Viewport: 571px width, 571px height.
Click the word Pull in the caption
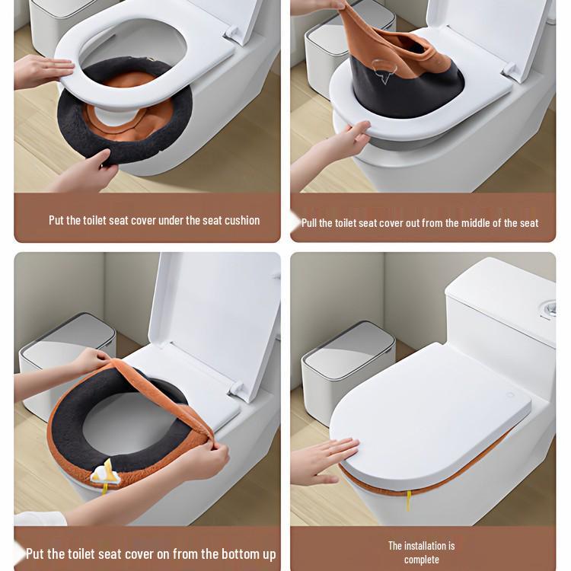[311, 223]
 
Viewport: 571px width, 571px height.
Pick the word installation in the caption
[426, 545]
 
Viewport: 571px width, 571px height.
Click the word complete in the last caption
[421, 560]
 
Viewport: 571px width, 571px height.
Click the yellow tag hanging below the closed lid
[417, 501]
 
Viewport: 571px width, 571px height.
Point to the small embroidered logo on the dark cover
[387, 75]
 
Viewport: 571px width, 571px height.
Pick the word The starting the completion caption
[395, 545]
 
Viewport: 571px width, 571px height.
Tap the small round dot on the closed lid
[509, 394]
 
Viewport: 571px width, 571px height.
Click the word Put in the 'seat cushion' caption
[57, 220]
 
